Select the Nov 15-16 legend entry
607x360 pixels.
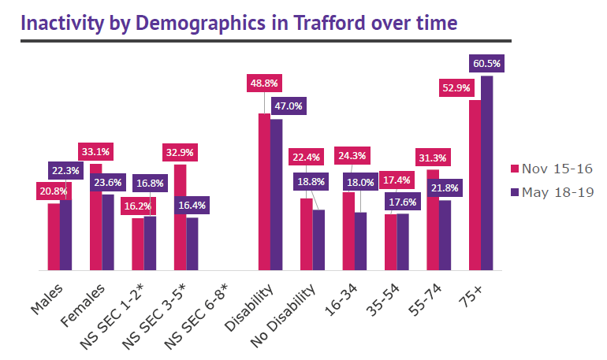[x=553, y=169]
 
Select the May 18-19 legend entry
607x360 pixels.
[x=553, y=191]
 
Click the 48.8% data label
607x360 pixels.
[x=264, y=82]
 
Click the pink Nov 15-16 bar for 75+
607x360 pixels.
[x=475, y=185]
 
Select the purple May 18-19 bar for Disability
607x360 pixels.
[x=276, y=195]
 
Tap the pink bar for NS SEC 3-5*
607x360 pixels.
[x=180, y=217]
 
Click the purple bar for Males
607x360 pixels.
[x=65, y=234]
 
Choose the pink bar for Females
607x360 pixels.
[x=95, y=217]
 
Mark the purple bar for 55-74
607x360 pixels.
[x=445, y=235]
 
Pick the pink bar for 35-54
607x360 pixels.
[x=390, y=242]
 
